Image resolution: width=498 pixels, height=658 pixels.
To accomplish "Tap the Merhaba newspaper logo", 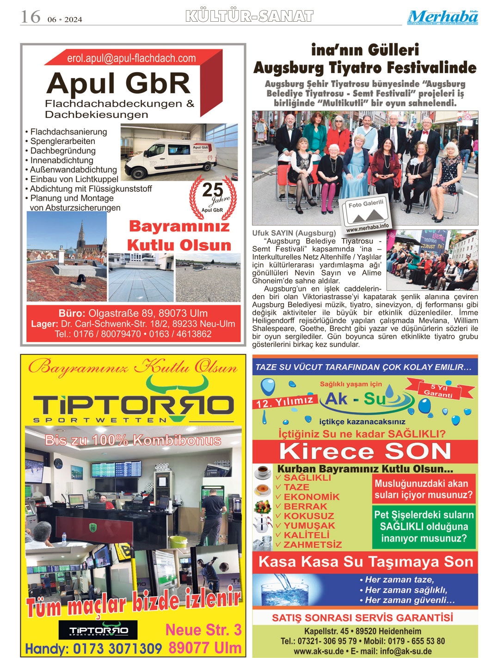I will coord(443,17).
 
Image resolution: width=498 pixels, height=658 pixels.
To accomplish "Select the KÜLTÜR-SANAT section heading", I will coord(249,17).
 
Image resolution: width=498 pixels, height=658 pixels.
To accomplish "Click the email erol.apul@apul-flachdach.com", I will coord(131,58).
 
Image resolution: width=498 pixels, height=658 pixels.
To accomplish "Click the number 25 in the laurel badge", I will coord(212,189).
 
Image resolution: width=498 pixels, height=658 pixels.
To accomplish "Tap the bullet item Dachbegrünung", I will coord(63,151).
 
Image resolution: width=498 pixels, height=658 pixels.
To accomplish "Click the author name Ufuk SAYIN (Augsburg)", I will coord(294,233).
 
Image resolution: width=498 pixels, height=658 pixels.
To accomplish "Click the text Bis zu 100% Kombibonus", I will coord(133,440).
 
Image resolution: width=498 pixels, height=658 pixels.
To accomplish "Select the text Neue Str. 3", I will coord(203,630).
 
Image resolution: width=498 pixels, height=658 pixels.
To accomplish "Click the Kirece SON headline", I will coord(365,451).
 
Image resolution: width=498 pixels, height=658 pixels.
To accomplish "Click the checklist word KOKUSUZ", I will coord(308,516).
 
